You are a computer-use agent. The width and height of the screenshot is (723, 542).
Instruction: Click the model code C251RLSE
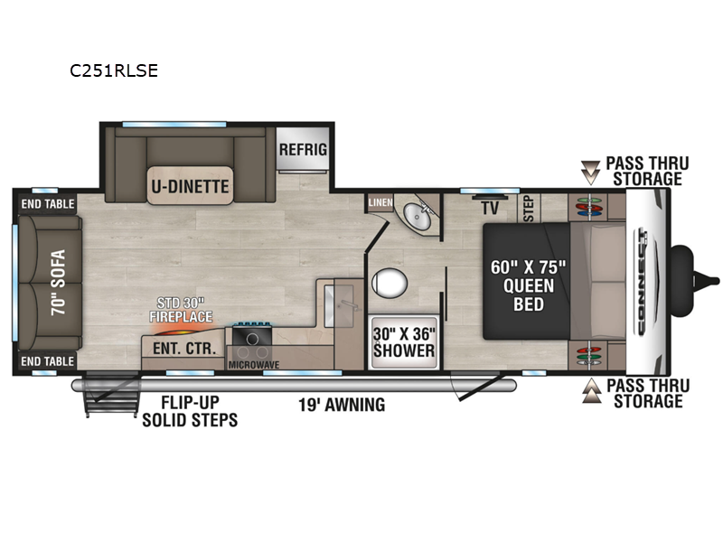[114, 70]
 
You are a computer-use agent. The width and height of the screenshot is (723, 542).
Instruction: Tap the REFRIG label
[303, 149]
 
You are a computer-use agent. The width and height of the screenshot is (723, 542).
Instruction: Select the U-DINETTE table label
[190, 186]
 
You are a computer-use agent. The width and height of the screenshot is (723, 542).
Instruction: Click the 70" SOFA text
[59, 282]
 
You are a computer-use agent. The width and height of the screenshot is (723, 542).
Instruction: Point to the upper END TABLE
[48, 204]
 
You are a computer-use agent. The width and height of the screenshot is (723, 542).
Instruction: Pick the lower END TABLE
[48, 360]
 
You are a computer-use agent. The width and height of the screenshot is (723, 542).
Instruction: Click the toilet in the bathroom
[390, 283]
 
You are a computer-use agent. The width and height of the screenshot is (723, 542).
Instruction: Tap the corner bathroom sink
[418, 215]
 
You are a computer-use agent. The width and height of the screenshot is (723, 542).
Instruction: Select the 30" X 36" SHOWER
[404, 342]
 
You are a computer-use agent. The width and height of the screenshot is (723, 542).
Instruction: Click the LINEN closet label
[380, 202]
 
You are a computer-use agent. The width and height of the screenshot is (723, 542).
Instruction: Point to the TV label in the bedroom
[490, 208]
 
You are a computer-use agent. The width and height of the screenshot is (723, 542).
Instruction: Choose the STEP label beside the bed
[529, 209]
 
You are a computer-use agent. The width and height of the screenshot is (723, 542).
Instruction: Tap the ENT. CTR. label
[184, 349]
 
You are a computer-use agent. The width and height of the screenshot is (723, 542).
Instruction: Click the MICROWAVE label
[254, 365]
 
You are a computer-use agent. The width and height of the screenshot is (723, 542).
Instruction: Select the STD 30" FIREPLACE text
[181, 310]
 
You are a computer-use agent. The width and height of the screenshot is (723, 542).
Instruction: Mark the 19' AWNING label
[342, 405]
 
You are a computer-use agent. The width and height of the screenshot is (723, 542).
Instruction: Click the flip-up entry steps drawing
[110, 393]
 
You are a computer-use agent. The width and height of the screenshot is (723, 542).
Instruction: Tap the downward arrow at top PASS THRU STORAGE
[590, 173]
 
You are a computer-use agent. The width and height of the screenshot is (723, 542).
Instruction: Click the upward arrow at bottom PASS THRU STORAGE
[592, 391]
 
